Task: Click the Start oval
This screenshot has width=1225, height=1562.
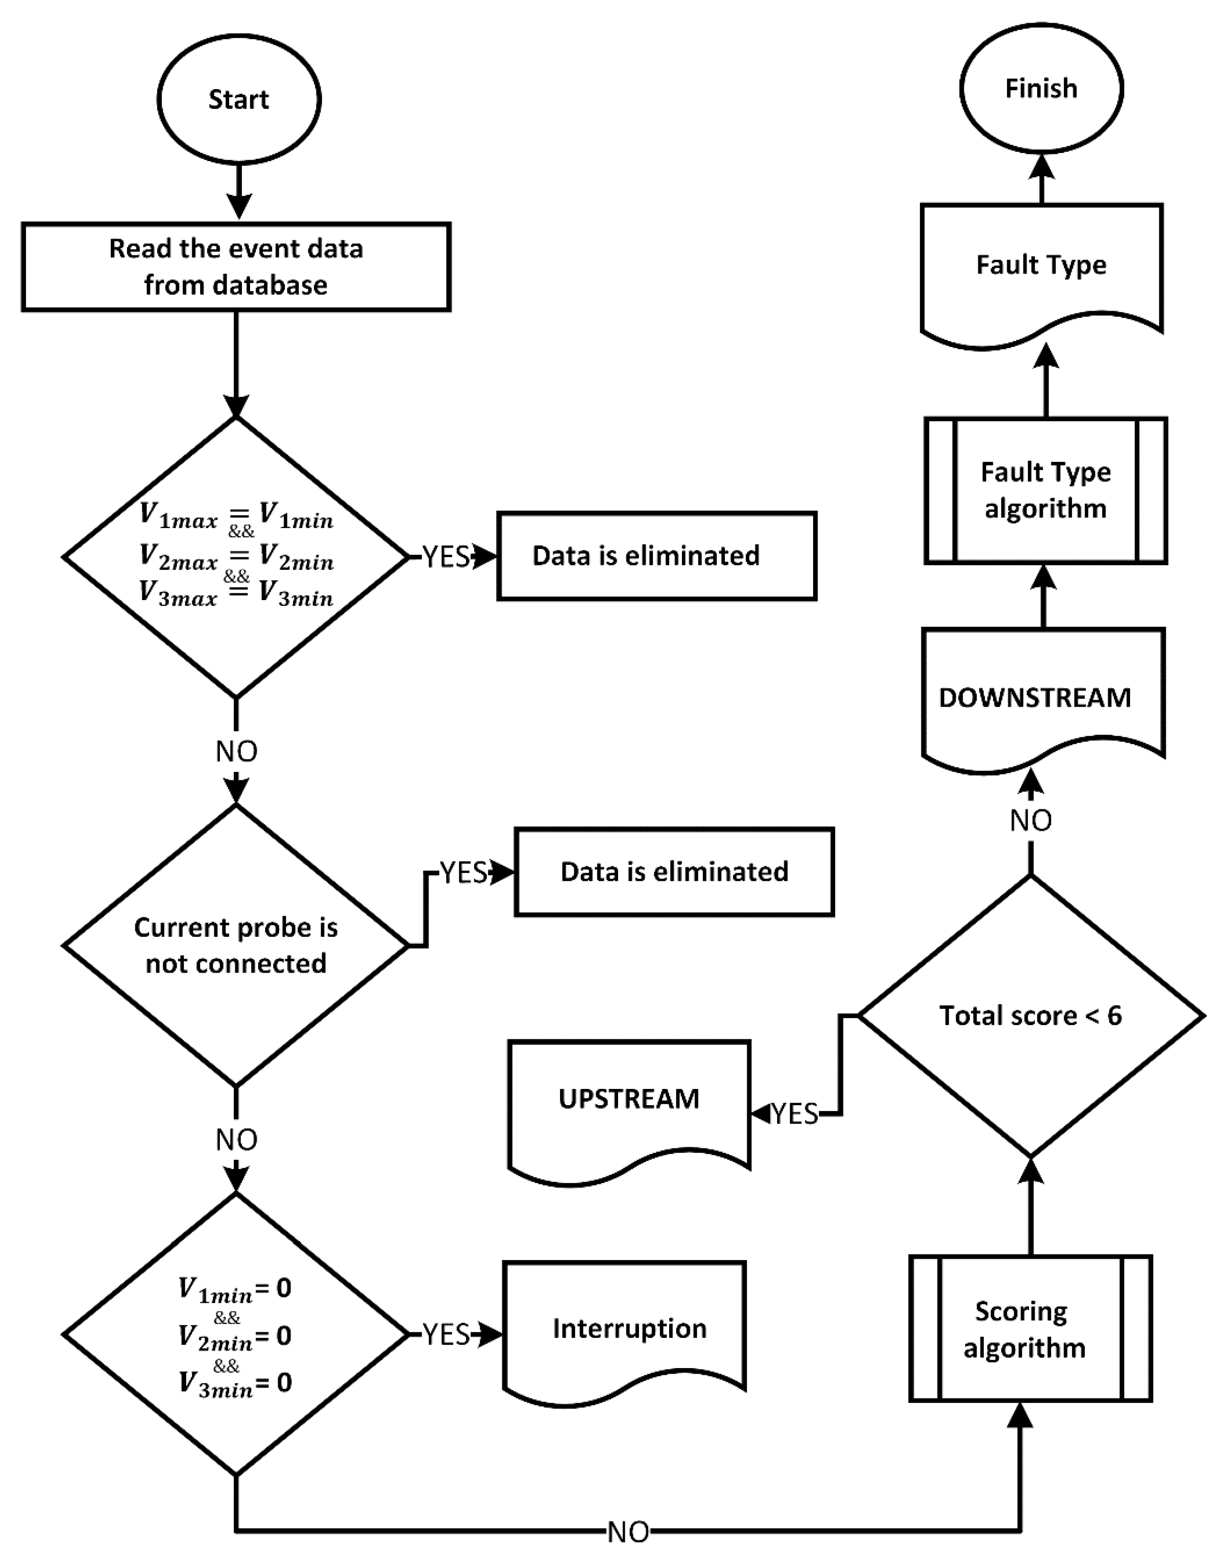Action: point(239,99)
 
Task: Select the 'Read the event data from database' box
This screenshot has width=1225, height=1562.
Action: point(236,266)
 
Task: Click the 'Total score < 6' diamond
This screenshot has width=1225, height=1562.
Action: point(1031,1015)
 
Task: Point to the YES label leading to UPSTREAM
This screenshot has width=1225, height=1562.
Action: point(795,1114)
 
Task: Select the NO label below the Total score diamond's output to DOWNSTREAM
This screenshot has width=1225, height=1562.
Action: point(1031,820)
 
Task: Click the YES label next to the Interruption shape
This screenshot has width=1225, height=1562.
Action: point(446,1334)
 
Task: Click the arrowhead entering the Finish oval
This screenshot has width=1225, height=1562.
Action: point(1041,167)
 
